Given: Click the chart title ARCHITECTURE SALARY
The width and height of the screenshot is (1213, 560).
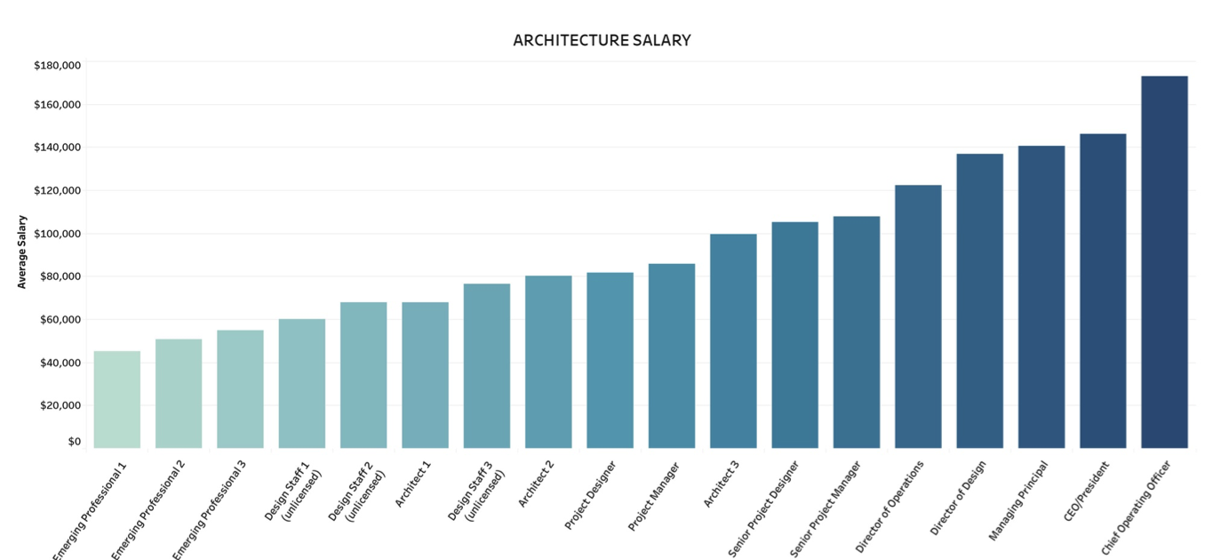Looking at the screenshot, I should click(602, 40).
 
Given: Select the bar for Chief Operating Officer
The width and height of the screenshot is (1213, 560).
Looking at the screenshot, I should click(1164, 262).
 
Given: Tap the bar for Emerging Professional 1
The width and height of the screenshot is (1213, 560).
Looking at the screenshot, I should click(116, 399).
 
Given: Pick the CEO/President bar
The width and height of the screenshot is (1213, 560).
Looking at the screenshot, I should click(1103, 291).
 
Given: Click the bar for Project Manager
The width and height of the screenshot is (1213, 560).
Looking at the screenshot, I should click(672, 356).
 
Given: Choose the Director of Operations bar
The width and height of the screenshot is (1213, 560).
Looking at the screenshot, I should click(918, 316).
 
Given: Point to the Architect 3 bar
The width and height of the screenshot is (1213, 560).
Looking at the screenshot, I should click(733, 340).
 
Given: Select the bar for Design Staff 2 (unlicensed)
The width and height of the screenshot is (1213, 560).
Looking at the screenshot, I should click(363, 375).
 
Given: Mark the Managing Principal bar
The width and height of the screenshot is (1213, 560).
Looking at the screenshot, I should click(1041, 297).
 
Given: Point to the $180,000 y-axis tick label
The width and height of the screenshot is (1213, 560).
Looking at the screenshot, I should click(57, 65).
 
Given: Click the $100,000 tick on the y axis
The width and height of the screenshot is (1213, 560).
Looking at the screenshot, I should click(57, 233).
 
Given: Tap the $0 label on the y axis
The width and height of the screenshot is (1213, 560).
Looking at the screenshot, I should click(74, 442).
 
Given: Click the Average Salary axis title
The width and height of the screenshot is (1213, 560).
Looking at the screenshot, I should click(22, 252).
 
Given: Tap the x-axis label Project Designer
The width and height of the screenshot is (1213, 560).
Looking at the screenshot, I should click(590, 495).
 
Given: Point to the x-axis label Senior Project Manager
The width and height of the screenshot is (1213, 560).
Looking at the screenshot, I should click(826, 509).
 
